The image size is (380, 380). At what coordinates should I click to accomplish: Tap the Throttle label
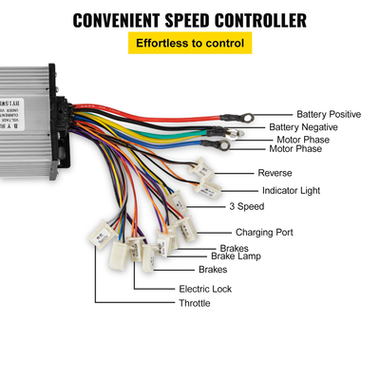(195, 303)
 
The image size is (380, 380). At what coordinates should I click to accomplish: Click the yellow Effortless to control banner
(189, 44)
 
